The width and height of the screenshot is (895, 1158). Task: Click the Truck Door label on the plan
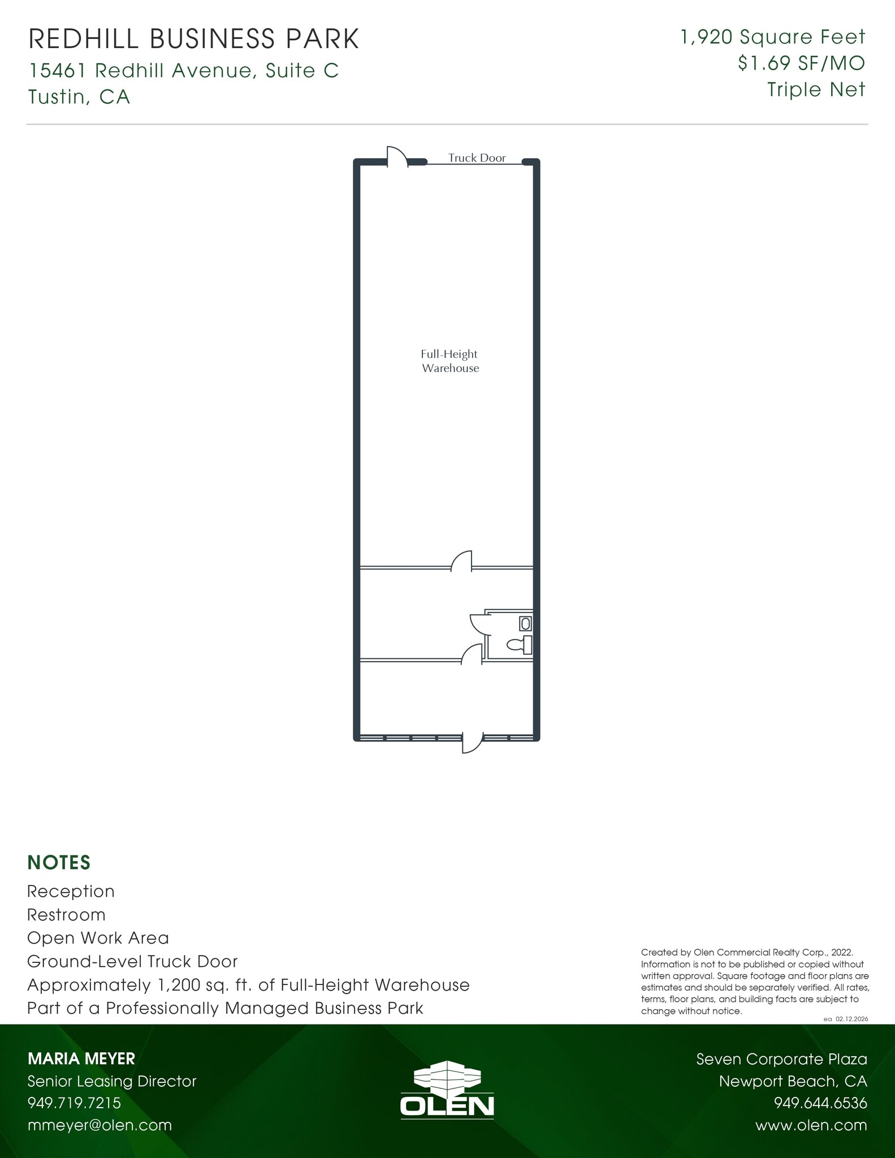477,158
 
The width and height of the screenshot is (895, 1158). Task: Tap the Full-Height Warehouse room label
450,361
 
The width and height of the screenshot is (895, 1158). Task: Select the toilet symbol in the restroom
520,644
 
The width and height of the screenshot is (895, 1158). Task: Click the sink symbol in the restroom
525,624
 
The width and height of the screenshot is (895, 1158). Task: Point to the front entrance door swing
472,743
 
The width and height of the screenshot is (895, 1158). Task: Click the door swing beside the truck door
397,156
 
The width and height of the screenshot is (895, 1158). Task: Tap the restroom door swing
478,624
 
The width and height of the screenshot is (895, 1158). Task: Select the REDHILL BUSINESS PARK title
193,39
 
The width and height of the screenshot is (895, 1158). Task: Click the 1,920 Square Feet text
772,37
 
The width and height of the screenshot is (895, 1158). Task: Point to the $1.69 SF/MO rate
801,63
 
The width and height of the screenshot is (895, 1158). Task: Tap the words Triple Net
816,89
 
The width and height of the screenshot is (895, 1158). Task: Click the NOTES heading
59,862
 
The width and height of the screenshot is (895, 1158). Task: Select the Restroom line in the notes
66,915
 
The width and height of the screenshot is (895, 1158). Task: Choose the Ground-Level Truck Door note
132,961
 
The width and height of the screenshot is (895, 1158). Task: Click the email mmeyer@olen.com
100,1125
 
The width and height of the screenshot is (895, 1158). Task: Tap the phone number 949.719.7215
74,1103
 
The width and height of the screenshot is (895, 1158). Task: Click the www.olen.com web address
811,1125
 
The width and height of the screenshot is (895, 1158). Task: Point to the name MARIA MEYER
81,1058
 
